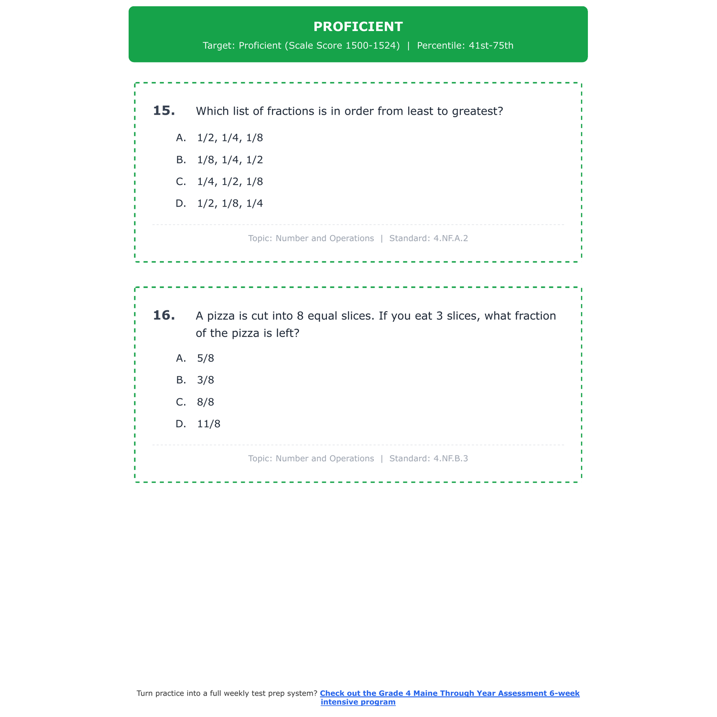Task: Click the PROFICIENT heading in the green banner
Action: [358, 27]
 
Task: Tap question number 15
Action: [164, 111]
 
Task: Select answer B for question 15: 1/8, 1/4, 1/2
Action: [230, 160]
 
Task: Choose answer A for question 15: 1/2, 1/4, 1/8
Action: [230, 138]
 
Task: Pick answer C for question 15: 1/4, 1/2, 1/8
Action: [230, 182]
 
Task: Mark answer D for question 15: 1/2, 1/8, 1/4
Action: [230, 204]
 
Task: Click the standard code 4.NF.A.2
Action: [451, 238]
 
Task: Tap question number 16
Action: [164, 315]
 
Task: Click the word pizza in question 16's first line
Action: [220, 316]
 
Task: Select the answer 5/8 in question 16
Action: [206, 358]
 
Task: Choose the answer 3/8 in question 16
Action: [206, 380]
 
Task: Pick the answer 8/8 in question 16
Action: [206, 402]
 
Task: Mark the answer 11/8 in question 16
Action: [208, 424]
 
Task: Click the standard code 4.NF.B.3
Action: [451, 458]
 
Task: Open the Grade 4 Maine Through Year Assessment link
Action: [449, 694]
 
